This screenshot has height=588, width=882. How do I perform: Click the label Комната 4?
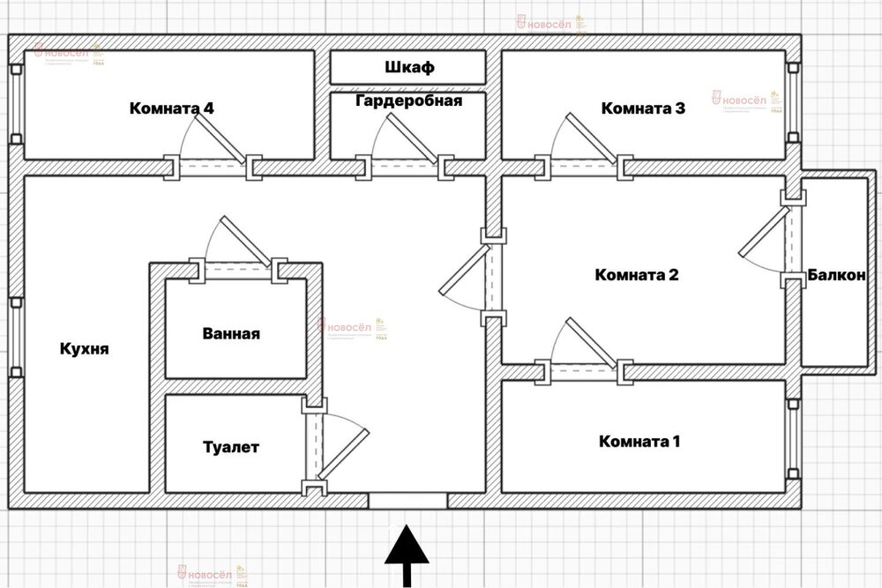click(x=172, y=109)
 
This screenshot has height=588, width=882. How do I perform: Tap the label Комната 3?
click(x=643, y=108)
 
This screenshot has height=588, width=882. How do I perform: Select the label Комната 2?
click(x=637, y=274)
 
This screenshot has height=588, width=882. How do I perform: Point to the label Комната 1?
click(x=639, y=441)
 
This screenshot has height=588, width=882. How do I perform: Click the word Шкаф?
click(x=410, y=67)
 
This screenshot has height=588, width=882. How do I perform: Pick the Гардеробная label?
click(x=409, y=100)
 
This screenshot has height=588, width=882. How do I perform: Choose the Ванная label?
click(x=230, y=334)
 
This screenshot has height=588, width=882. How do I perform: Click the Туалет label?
click(x=231, y=448)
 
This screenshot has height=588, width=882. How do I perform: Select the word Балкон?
click(x=836, y=275)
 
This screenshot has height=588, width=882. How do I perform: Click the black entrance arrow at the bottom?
click(x=406, y=555)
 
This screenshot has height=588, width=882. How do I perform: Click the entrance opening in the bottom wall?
click(x=407, y=502)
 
